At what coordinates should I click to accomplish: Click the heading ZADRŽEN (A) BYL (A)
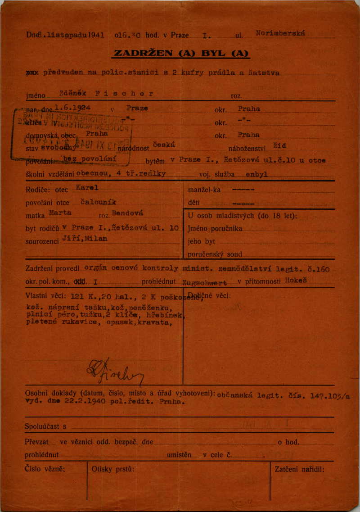pyautogui.click(x=181, y=53)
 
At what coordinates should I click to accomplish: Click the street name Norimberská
pyautogui.click(x=280, y=33)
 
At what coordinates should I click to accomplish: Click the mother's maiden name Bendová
pyautogui.click(x=128, y=213)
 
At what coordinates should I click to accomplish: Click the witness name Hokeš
pyautogui.click(x=296, y=280)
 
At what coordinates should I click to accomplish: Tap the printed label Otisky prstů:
pyautogui.click(x=113, y=469)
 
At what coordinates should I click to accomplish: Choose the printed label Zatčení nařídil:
pyautogui.click(x=299, y=469)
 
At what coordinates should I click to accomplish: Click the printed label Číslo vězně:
pyautogui.click(x=45, y=469)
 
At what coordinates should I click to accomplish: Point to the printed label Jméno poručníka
pyautogui.click(x=215, y=228)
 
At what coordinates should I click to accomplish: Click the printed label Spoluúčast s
pyautogui.click(x=45, y=426)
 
